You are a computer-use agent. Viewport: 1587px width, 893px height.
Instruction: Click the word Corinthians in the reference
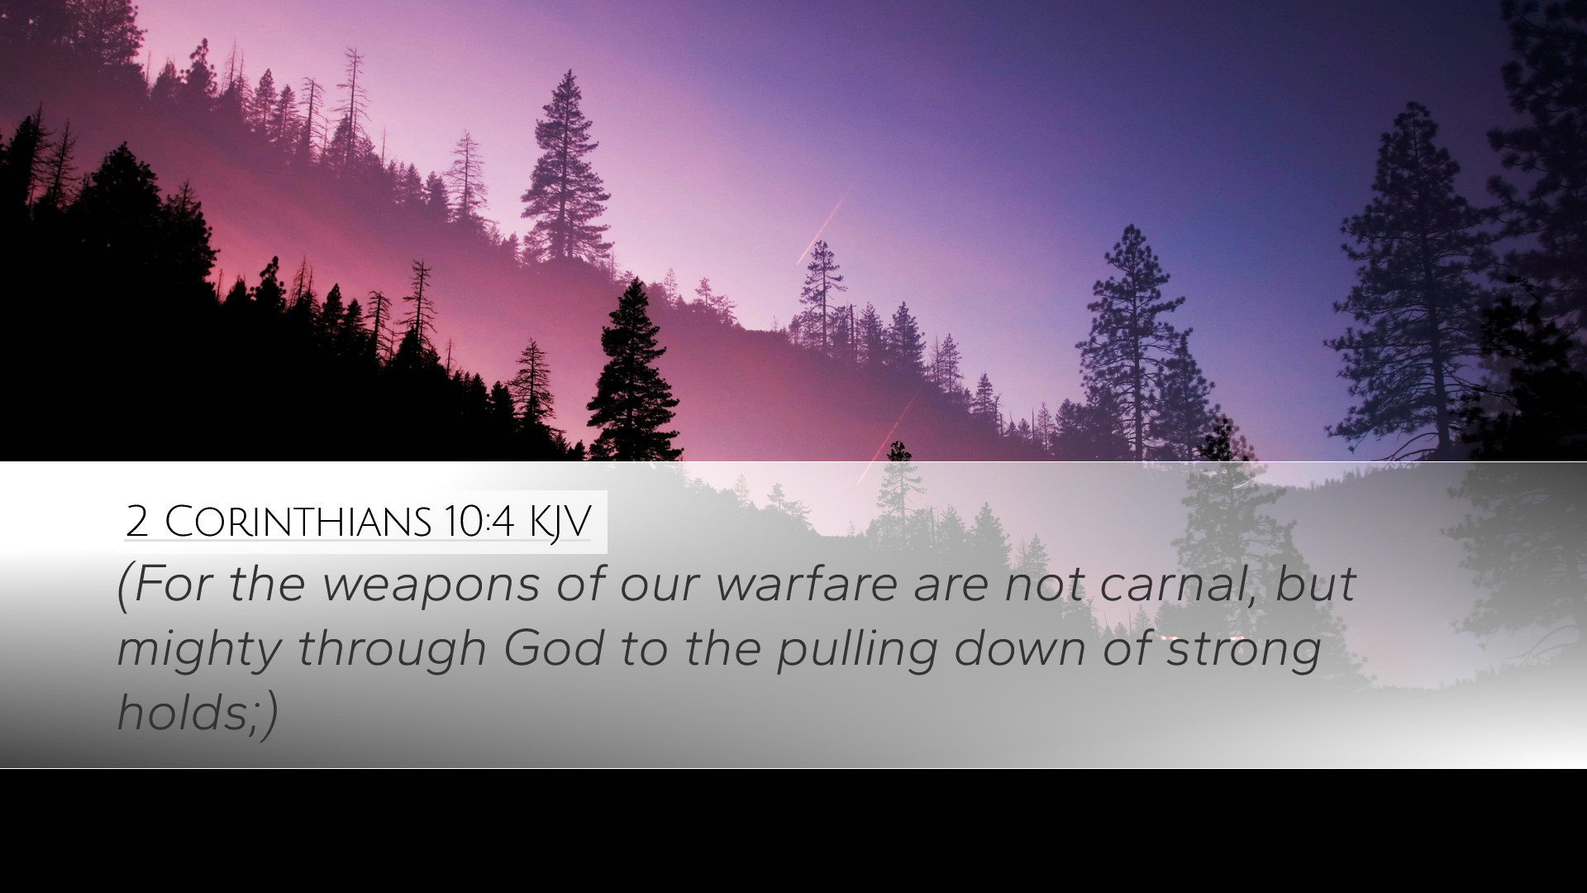point(298,521)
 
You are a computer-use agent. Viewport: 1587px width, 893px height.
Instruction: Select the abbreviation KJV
point(560,523)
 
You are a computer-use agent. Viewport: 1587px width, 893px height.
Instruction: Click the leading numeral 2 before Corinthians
point(137,522)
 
